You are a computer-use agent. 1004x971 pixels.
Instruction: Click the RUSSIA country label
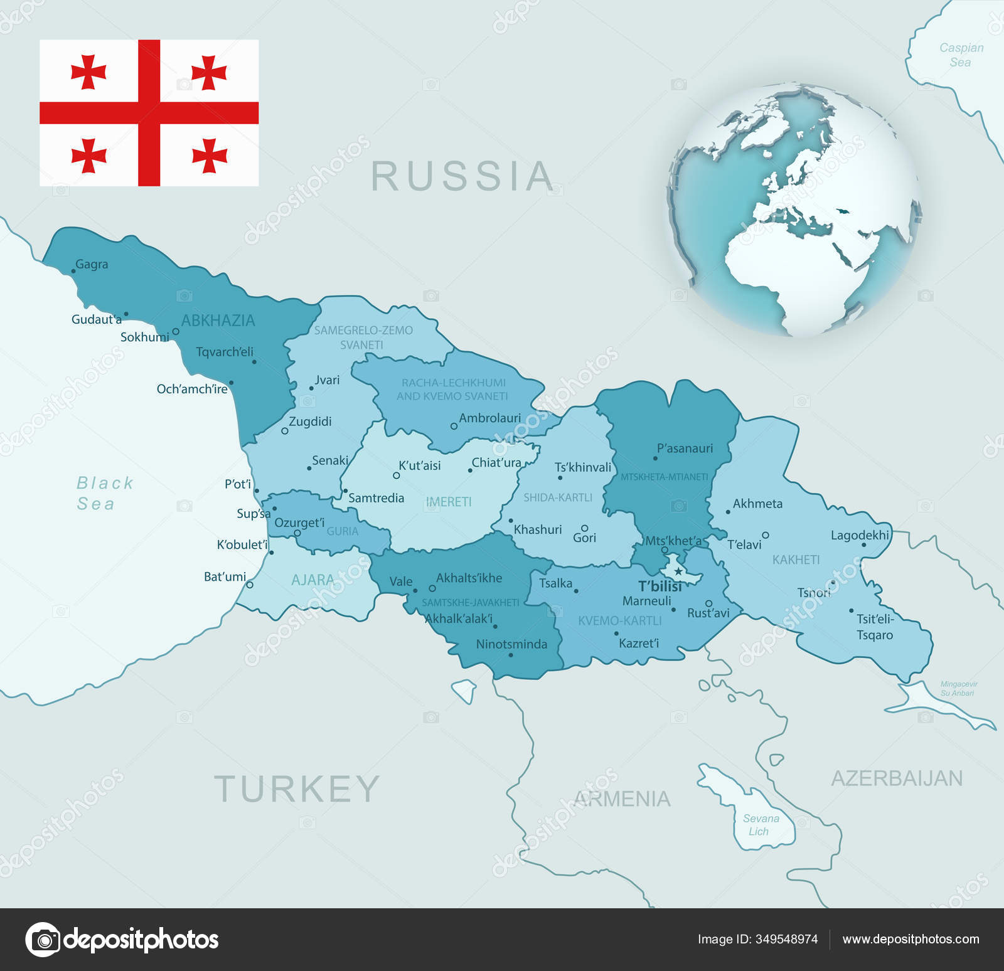click(x=462, y=176)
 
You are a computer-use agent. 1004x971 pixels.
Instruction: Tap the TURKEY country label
click(x=297, y=789)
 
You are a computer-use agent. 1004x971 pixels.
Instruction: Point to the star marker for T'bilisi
click(x=678, y=571)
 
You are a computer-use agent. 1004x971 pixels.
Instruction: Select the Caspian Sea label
click(x=961, y=55)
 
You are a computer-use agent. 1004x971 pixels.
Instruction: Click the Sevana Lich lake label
click(x=761, y=825)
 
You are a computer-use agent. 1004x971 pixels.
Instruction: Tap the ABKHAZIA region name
click(x=218, y=321)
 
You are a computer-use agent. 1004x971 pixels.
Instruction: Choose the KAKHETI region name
click(x=796, y=560)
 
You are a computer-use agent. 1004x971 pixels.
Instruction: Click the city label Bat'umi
click(x=225, y=576)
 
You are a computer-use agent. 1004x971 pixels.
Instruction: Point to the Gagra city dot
click(x=73, y=271)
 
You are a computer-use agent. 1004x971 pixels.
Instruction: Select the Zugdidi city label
click(x=310, y=422)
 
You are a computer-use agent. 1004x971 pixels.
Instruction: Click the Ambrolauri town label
click(x=489, y=418)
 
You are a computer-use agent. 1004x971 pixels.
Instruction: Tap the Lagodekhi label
click(x=860, y=535)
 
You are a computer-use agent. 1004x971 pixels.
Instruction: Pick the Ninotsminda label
click(x=511, y=644)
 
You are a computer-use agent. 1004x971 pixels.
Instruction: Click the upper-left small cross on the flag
click(x=88, y=72)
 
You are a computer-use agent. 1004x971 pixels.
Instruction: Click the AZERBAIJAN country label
click(x=897, y=778)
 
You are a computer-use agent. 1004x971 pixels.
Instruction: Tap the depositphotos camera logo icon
click(x=43, y=940)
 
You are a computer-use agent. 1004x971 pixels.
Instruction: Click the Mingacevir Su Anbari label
click(x=958, y=689)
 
